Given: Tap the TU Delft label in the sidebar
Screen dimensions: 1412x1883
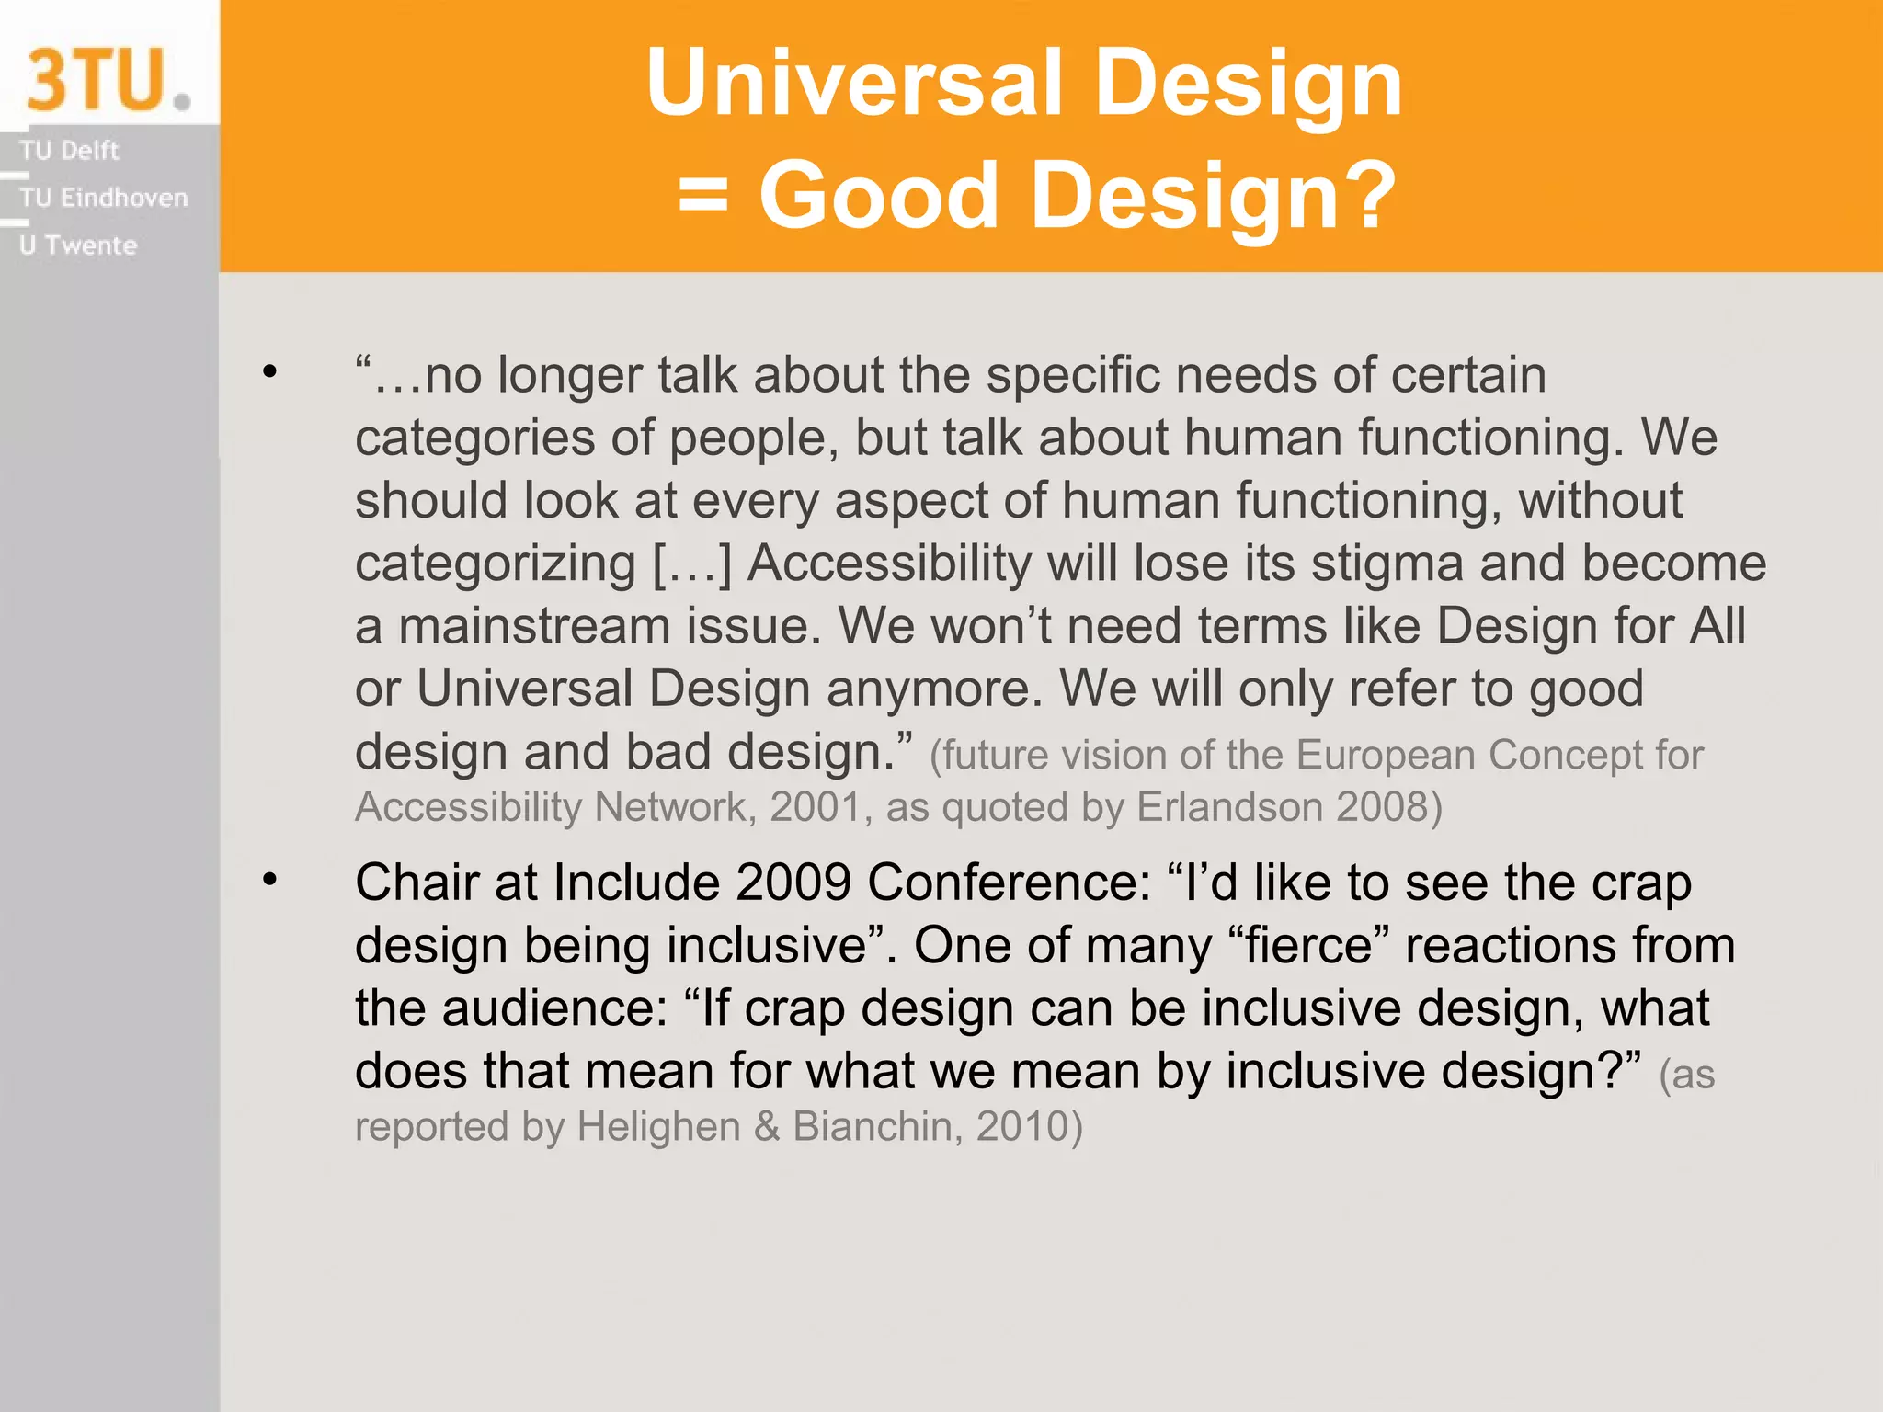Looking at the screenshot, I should click(x=69, y=150).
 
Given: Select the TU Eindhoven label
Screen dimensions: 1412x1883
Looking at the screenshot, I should click(x=103, y=198).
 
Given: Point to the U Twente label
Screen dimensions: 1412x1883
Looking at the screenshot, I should click(x=78, y=245).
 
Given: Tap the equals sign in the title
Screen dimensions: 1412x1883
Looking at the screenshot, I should click(x=703, y=194).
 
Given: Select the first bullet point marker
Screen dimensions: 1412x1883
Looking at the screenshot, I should click(x=269, y=372).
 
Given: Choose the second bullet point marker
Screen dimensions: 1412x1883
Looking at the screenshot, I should click(x=269, y=880).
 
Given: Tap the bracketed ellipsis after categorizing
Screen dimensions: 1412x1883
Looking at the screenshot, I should click(x=691, y=564).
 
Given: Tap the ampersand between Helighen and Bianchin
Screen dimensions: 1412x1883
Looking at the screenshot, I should click(x=767, y=1127).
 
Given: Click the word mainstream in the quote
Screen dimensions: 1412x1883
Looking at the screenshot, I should click(x=534, y=627).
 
